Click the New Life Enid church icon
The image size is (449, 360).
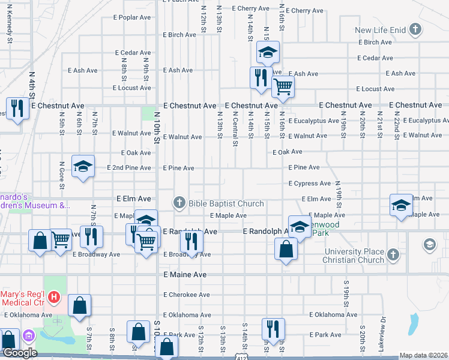point(415,29)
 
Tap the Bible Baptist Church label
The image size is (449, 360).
point(226,203)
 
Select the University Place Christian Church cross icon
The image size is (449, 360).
point(393,254)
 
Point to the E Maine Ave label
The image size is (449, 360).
point(185,274)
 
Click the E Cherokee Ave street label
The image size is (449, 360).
point(187,295)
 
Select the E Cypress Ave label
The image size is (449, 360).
point(309,183)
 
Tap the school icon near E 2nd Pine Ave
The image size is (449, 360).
point(83,166)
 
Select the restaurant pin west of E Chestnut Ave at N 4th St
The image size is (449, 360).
point(17,108)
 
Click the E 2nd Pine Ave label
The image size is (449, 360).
point(129,167)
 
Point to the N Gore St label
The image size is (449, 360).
point(62,174)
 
